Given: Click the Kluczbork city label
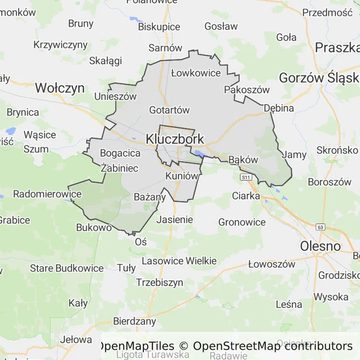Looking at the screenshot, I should click(175, 139).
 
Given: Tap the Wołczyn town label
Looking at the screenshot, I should click(60, 88).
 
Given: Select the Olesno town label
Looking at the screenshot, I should click(320, 246).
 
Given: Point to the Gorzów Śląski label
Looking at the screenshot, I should click(319, 78).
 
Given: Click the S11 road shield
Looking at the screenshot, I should click(246, 177).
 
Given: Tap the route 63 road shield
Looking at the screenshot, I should click(320, 227).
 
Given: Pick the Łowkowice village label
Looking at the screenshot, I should click(195, 73).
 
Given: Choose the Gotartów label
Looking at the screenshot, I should click(169, 110).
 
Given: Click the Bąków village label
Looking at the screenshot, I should click(243, 160).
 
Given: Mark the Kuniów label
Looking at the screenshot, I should click(180, 176).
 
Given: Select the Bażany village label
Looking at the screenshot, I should click(150, 197).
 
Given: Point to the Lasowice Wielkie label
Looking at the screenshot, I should click(179, 261).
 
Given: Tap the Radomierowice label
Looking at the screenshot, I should click(41, 194).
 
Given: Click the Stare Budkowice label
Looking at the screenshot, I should click(67, 269).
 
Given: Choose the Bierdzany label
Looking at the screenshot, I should click(135, 322).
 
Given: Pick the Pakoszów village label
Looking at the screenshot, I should click(247, 90).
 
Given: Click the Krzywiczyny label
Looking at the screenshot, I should click(60, 45).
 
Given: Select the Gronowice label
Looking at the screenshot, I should click(242, 222).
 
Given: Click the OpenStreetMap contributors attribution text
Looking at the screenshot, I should click(272, 346).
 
